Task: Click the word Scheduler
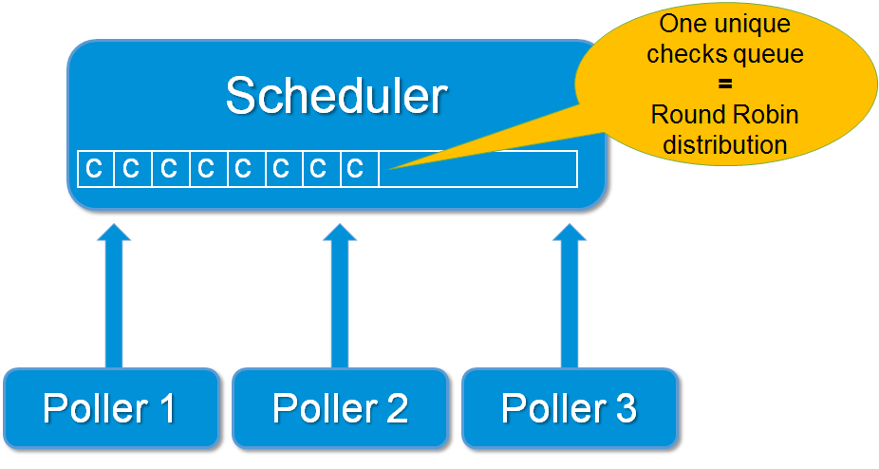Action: (x=336, y=96)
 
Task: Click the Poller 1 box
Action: (x=110, y=408)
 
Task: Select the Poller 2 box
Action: (x=340, y=408)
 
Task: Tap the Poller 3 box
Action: (x=569, y=408)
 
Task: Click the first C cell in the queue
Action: (x=95, y=169)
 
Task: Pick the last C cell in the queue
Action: (x=355, y=169)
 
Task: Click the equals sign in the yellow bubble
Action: (x=725, y=84)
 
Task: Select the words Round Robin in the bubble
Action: (x=725, y=116)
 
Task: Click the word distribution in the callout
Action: (x=725, y=145)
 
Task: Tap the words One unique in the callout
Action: (x=725, y=24)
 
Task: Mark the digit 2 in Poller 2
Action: (x=395, y=408)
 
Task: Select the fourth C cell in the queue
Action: (x=206, y=169)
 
